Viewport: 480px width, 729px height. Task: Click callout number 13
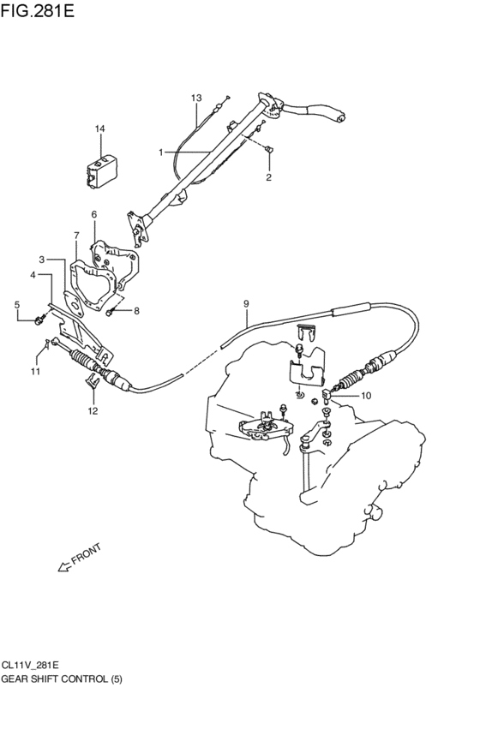point(196,99)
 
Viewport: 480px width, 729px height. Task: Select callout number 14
point(100,129)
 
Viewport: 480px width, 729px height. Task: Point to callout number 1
point(160,152)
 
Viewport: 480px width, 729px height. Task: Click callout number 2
point(268,178)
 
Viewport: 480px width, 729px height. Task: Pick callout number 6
point(94,214)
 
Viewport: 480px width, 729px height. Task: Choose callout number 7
point(76,236)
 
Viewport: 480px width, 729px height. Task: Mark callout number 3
point(40,259)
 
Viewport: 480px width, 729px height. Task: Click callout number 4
point(33,275)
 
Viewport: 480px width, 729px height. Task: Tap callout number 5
point(16,305)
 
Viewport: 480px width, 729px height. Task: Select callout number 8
point(135,310)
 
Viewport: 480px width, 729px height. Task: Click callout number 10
point(366,396)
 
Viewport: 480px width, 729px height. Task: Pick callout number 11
point(35,371)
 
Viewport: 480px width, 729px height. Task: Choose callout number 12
point(93,410)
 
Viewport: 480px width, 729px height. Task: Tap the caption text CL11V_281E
point(30,666)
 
